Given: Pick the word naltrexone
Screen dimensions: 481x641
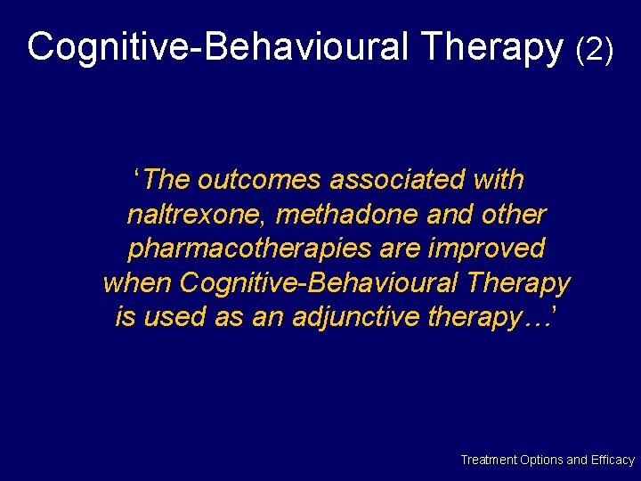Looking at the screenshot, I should (x=199, y=215).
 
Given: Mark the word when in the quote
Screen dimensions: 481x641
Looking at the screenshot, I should (x=137, y=283).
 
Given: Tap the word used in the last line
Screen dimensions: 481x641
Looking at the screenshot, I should (x=173, y=317).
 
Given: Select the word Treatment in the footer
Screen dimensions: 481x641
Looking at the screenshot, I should (x=488, y=460).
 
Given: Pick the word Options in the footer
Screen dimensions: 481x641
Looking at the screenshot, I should (x=541, y=460).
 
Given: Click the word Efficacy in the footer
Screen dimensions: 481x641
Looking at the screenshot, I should (x=613, y=460).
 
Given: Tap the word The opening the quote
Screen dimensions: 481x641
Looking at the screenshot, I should (x=168, y=180).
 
